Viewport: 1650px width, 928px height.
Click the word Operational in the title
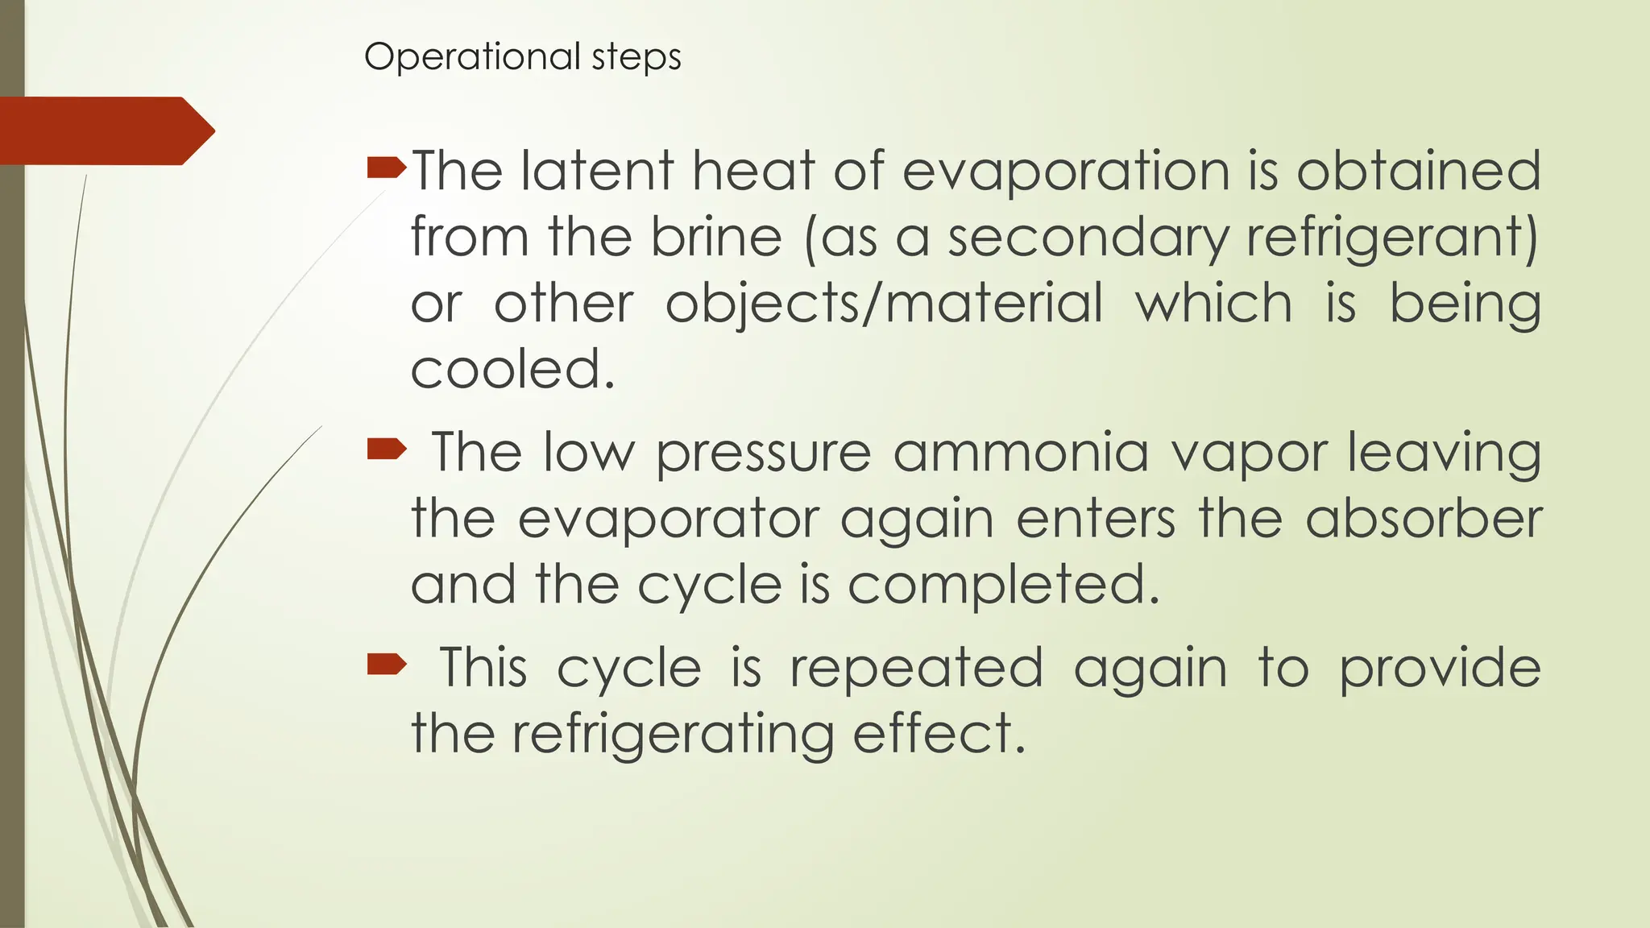tap(471, 57)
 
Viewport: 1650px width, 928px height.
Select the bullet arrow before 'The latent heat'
tap(386, 168)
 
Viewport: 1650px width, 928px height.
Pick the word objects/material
tap(884, 304)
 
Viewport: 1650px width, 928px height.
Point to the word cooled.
tap(513, 370)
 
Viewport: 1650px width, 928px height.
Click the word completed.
tap(1003, 584)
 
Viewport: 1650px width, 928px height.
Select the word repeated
tap(916, 668)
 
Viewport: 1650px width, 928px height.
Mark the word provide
tap(1440, 668)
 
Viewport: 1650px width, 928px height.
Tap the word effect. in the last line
tap(939, 734)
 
